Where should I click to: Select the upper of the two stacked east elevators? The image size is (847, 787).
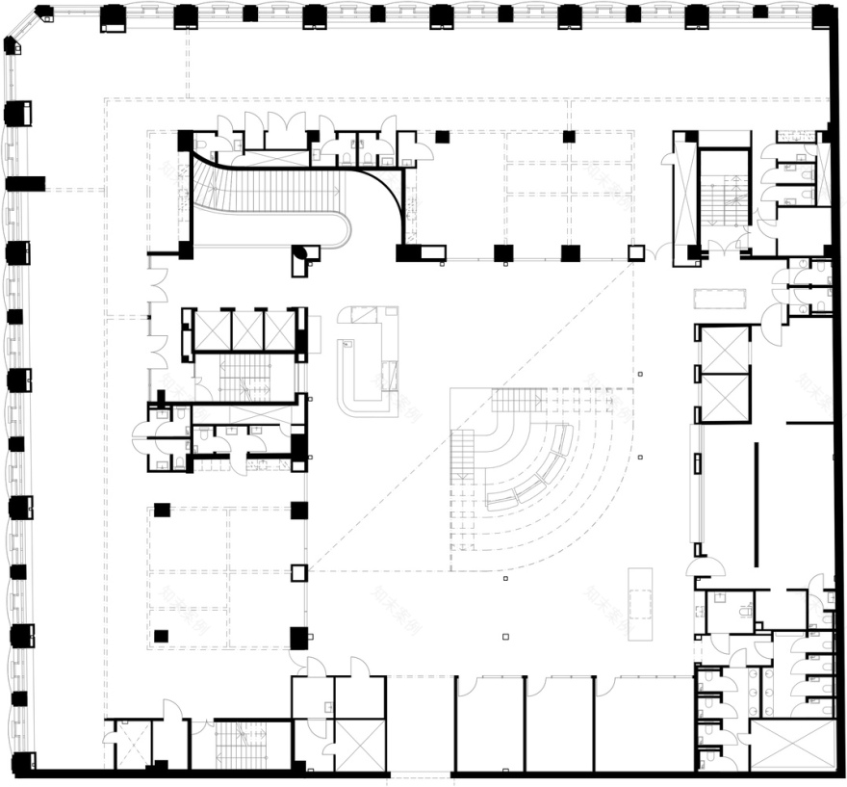click(724, 349)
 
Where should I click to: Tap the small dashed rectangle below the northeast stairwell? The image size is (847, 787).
click(723, 299)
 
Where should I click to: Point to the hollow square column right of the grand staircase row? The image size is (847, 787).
click(635, 253)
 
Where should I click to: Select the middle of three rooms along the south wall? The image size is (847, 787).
click(559, 722)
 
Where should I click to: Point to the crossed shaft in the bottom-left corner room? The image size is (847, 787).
click(127, 744)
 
